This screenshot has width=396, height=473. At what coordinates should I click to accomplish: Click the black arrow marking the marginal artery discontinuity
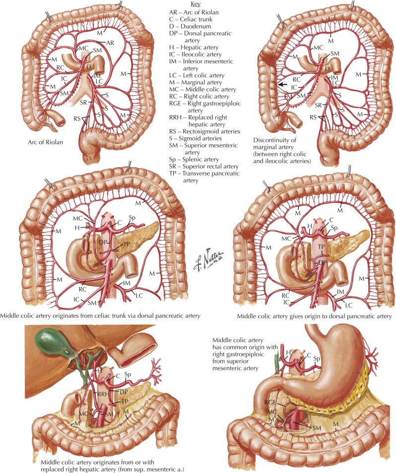[x=282, y=85]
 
